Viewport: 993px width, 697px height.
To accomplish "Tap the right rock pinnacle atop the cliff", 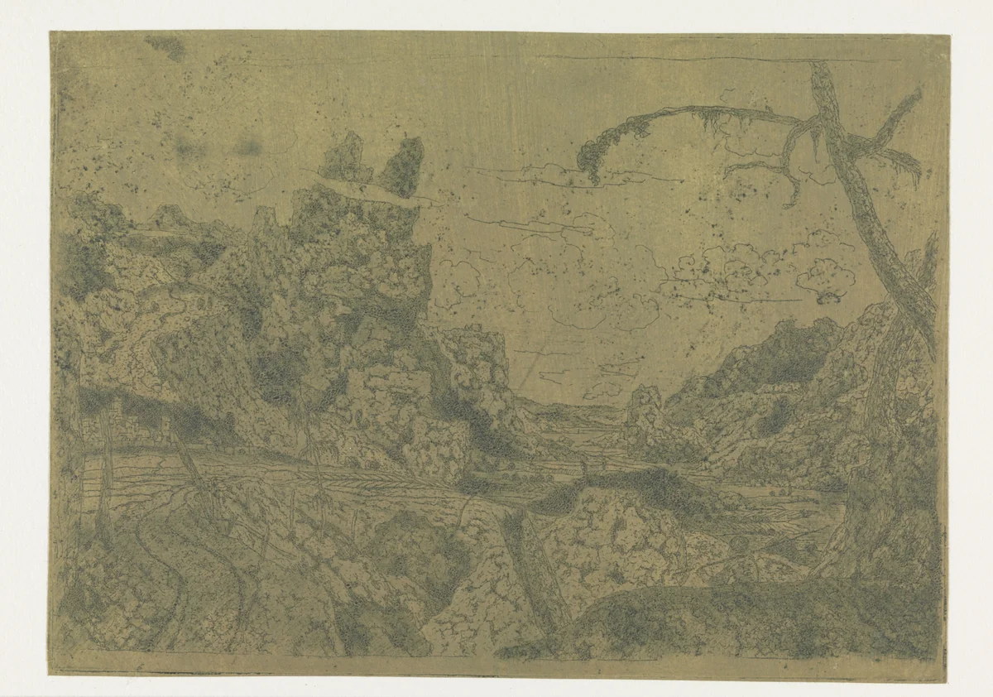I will pyautogui.click(x=403, y=166).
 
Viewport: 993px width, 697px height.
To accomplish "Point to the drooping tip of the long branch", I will pyautogui.click(x=591, y=162).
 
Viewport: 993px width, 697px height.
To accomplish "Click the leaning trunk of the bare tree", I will pyautogui.click(x=869, y=207).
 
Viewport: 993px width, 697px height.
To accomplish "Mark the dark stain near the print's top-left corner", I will pyautogui.click(x=166, y=47).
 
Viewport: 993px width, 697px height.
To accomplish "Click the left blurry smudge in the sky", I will pyautogui.click(x=189, y=148).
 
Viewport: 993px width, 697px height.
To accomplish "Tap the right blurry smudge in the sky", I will pyautogui.click(x=247, y=147).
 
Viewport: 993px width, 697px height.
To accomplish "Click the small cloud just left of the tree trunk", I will pyautogui.click(x=827, y=277).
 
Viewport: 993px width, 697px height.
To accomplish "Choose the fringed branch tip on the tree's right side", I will pyautogui.click(x=907, y=166).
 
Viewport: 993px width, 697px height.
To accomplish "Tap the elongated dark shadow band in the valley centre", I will pyautogui.click(x=629, y=488).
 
